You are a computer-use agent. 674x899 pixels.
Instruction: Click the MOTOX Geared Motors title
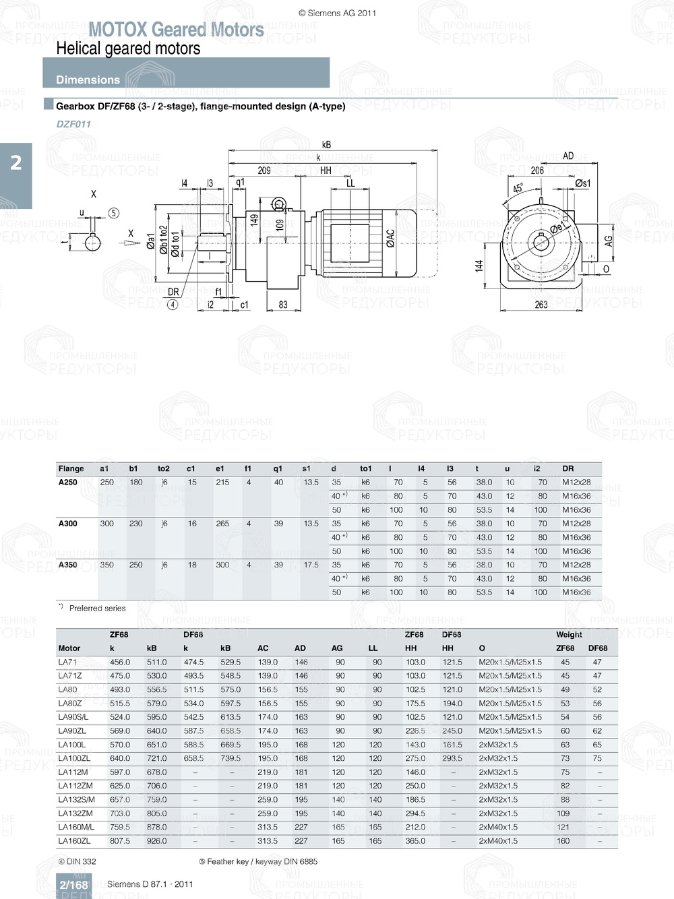[x=176, y=30]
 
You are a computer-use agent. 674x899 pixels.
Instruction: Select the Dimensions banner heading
[x=88, y=80]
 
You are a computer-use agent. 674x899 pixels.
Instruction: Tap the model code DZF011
[x=73, y=124]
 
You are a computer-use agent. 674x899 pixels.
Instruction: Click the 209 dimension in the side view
[x=264, y=170]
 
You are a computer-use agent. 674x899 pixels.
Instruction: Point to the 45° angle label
[x=518, y=189]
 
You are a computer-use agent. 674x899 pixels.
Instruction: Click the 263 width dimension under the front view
[x=541, y=305]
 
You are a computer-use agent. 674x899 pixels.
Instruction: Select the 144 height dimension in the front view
[x=479, y=266]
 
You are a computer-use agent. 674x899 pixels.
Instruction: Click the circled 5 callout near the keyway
[x=114, y=213]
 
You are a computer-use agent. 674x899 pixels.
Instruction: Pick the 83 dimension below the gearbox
[x=283, y=305]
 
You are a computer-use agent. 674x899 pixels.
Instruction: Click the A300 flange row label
[x=68, y=524]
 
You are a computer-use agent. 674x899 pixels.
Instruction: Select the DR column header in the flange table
[x=568, y=468]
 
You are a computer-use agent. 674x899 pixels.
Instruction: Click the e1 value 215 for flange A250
[x=222, y=483]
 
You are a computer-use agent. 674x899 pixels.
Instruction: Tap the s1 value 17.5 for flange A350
[x=311, y=565]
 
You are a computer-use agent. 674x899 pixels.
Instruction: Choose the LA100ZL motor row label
[x=74, y=758]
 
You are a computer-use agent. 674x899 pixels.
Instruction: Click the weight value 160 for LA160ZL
[x=563, y=841]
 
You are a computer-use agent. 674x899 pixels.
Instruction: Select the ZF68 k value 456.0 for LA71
[x=120, y=662]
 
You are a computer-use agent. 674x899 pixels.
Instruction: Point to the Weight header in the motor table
[x=569, y=634]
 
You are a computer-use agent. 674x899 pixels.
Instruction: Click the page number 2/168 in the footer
[x=73, y=885]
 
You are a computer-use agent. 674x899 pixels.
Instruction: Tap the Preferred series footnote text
[x=97, y=608]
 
